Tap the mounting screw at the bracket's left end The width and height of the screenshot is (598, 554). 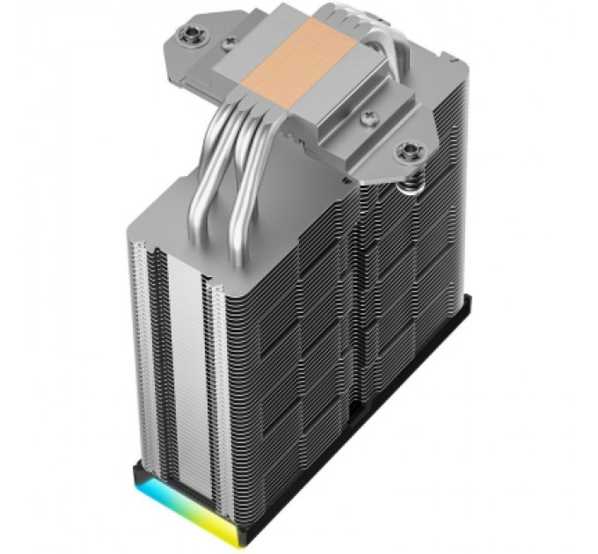pos(190,35)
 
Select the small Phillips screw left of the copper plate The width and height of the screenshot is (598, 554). pos(230,41)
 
